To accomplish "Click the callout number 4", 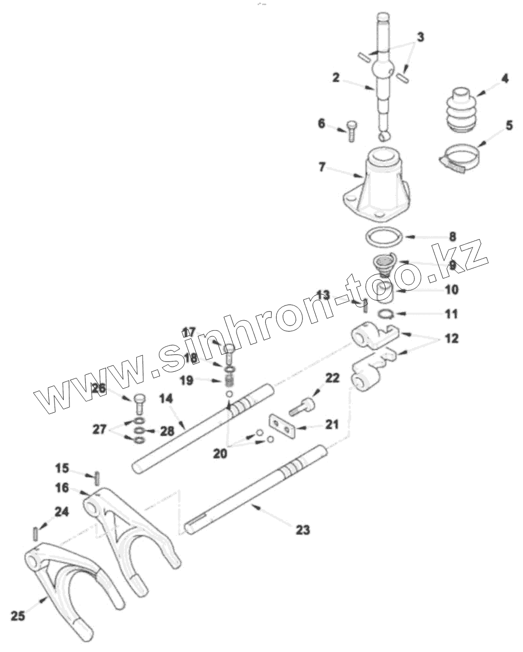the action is (504, 79).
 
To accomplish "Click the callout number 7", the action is (322, 167).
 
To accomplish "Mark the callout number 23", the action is (303, 529).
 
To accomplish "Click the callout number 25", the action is (18, 615).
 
